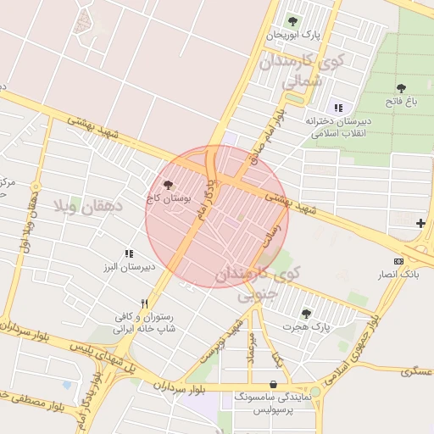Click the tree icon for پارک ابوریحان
pos(292,21)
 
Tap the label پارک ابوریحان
pos(293,36)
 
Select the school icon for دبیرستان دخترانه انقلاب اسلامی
pos(339,108)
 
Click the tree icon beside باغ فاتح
pos(401,87)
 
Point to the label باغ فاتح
pos(401,102)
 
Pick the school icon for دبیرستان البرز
pos(129,253)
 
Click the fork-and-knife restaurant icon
pos(145,303)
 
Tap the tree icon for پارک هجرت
pos(306,313)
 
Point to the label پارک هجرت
pos(308,326)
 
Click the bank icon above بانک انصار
pos(399,261)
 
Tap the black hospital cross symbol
pos(421,223)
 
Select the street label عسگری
pos(417,370)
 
